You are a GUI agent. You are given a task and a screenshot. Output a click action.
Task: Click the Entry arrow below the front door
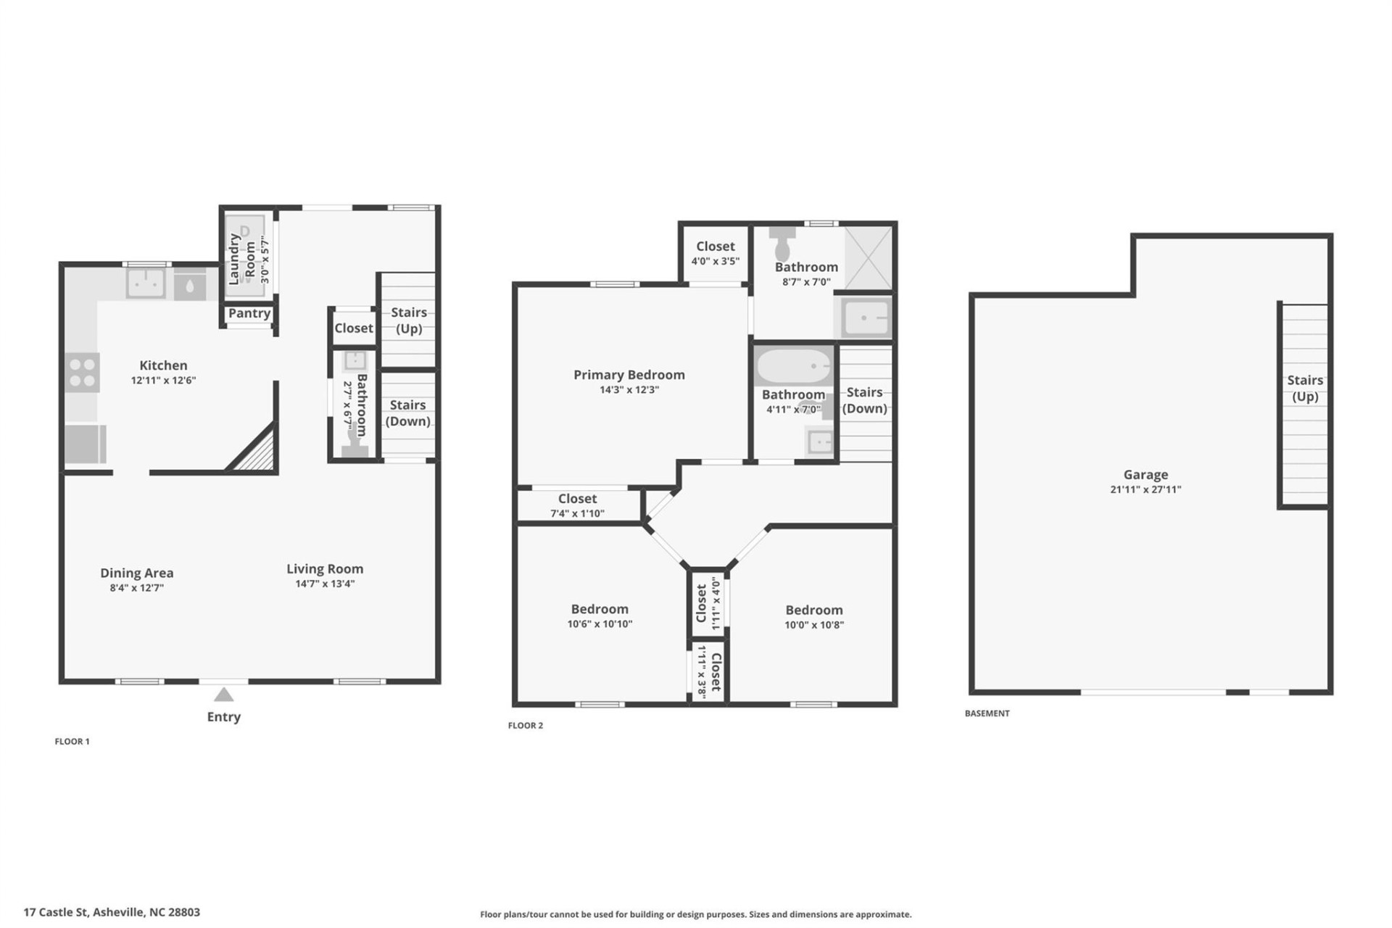click(223, 695)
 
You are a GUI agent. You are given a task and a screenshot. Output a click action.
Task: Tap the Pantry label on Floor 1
click(249, 313)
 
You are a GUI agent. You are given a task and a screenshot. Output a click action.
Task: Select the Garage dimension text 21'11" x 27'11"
click(1145, 489)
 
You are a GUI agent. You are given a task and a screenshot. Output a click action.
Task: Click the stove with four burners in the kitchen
click(82, 373)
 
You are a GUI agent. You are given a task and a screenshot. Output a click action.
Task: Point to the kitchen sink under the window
click(146, 283)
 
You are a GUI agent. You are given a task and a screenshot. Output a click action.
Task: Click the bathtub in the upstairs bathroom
click(794, 366)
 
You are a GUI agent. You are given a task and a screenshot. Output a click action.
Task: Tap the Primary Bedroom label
click(629, 375)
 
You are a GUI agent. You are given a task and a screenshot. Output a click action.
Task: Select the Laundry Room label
click(241, 258)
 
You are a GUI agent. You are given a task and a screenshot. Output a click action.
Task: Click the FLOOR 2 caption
click(525, 725)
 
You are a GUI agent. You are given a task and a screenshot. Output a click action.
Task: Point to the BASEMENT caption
click(987, 713)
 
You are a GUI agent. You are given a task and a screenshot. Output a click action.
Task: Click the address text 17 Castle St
click(112, 912)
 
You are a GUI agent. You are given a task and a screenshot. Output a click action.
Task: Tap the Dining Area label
click(136, 573)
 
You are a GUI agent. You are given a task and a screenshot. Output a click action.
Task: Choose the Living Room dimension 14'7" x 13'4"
click(325, 584)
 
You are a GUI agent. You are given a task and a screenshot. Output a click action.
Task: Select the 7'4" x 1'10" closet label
click(577, 513)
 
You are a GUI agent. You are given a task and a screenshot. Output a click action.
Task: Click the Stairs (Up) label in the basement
click(1305, 388)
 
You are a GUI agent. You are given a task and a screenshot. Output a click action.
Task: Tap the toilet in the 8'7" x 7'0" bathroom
click(782, 244)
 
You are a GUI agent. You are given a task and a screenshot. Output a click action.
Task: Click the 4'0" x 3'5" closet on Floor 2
click(715, 253)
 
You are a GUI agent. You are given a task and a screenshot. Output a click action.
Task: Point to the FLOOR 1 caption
click(72, 741)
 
